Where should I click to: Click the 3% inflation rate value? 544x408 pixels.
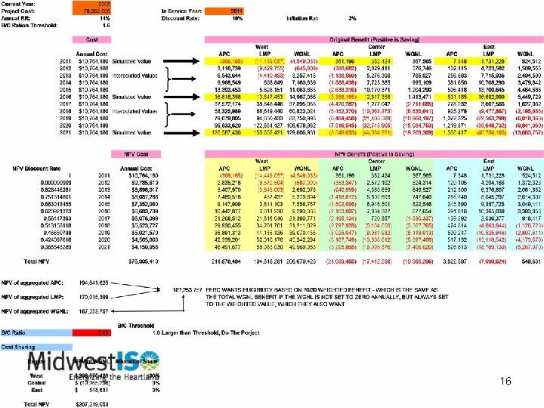point(351,18)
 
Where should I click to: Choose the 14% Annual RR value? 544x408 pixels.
point(106,20)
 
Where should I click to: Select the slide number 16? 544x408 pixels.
point(508,383)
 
